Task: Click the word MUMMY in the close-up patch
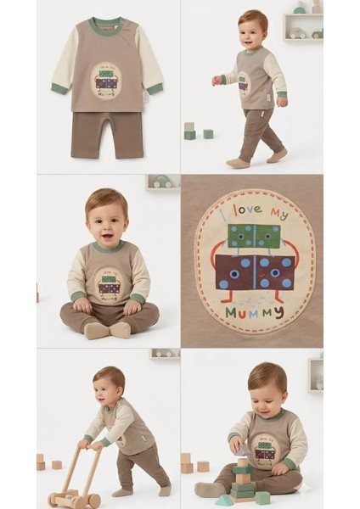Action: [x=255, y=312]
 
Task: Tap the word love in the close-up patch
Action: [x=250, y=210]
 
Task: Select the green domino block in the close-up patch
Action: [x=254, y=236]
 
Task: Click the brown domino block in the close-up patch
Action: [x=255, y=272]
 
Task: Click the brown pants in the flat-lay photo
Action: [x=107, y=135]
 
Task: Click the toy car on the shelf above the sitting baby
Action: [x=162, y=182]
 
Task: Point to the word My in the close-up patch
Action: [x=279, y=214]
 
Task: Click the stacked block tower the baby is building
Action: [x=243, y=479]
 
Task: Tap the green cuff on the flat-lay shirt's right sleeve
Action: [x=155, y=88]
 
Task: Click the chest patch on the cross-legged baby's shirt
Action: [x=110, y=284]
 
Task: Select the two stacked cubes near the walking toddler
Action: [x=189, y=131]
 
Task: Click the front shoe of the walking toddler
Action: [x=277, y=155]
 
